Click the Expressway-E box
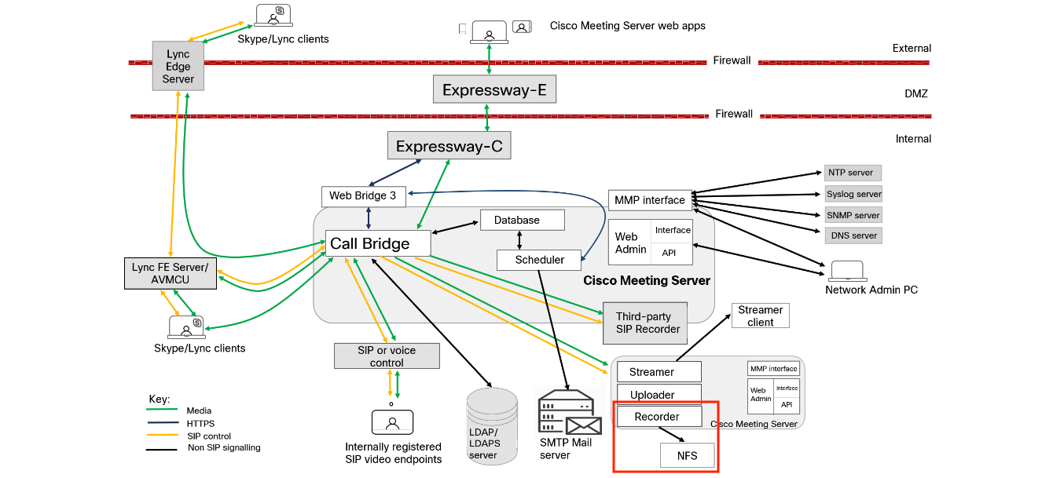[494, 89]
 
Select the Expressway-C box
[449, 146]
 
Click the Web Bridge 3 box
[363, 195]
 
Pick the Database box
[522, 220]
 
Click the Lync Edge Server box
[178, 67]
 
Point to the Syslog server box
[853, 194]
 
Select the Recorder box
[659, 417]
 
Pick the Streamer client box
[760, 316]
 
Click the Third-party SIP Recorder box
[645, 323]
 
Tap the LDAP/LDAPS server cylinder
[492, 424]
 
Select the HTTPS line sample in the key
[161, 424]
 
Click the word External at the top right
[912, 49]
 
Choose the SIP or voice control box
[387, 356]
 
